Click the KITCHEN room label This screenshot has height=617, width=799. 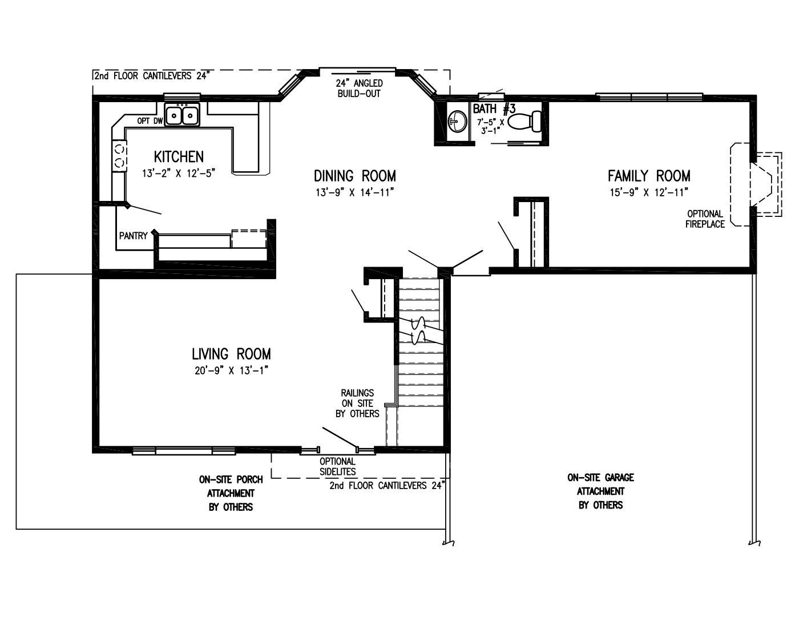[179, 157]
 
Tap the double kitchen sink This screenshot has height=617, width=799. [182, 115]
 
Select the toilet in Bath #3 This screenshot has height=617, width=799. [524, 122]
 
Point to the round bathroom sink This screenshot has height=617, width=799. [458, 120]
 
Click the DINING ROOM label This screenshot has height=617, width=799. [355, 176]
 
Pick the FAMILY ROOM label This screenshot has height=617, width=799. [649, 176]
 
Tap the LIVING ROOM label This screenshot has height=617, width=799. [231, 354]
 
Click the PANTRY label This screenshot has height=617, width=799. [133, 236]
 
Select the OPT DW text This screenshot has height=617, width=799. [150, 121]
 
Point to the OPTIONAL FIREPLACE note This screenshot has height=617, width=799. [705, 219]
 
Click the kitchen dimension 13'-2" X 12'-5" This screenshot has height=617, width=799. [179, 173]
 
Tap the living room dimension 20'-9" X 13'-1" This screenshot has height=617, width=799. [231, 370]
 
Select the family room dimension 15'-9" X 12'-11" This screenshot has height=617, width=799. [649, 192]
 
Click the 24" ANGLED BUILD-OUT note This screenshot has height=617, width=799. [359, 88]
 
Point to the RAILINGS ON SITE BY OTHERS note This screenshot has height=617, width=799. [357, 404]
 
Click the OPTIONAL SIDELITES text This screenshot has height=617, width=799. [337, 467]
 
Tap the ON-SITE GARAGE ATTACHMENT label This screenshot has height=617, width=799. [601, 491]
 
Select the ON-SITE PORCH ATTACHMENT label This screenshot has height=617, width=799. [231, 494]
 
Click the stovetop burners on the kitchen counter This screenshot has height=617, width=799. [119, 156]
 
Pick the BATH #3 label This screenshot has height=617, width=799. [494, 109]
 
